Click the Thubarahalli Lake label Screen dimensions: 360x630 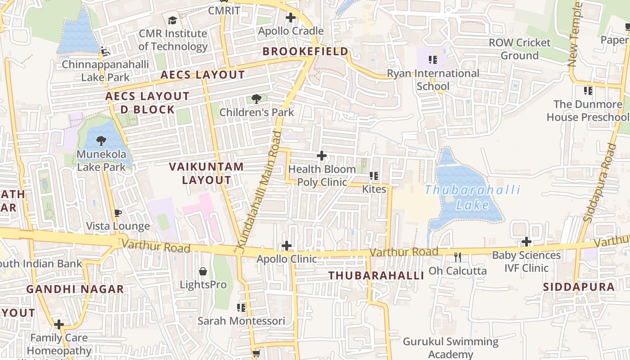click(472, 198)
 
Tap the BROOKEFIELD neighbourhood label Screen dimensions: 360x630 click(306, 51)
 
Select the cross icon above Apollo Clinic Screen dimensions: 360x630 click(287, 246)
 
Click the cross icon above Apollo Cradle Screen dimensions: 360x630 click(291, 18)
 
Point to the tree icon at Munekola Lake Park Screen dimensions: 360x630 click(101, 141)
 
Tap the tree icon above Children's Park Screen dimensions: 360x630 click(256, 99)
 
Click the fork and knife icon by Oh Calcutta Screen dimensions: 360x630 click(458, 257)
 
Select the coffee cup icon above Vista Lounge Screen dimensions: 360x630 click(118, 213)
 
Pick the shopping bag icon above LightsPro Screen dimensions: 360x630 click(203, 271)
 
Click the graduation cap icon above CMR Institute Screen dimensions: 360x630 click(172, 20)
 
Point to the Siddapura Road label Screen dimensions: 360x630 click(599, 182)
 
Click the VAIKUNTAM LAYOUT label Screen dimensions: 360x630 click(207, 173)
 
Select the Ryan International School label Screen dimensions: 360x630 click(433, 80)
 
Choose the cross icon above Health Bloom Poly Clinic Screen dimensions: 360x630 click(322, 156)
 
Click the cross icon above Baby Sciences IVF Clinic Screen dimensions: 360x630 click(526, 242)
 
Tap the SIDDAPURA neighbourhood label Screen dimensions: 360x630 click(579, 287)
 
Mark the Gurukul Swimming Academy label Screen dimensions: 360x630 click(450, 348)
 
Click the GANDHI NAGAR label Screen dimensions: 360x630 click(75, 289)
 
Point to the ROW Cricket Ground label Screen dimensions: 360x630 click(520, 49)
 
